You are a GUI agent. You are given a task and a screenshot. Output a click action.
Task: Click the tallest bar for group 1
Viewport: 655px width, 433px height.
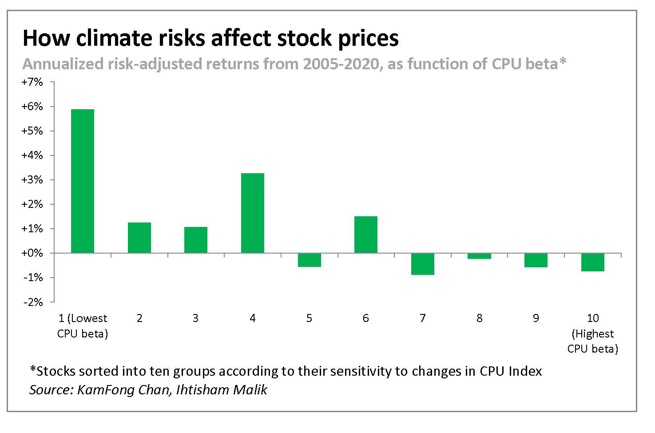pos(83,181)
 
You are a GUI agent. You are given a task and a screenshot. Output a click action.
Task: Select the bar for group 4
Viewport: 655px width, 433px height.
pos(252,213)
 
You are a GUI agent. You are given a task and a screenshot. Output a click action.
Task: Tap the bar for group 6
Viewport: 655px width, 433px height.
pos(365,234)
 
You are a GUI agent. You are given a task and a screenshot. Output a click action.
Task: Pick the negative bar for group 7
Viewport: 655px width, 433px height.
pos(422,264)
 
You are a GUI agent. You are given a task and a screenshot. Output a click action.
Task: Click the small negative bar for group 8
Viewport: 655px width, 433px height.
pos(479,256)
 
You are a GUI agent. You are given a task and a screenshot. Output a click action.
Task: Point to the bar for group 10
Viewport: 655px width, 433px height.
pos(592,262)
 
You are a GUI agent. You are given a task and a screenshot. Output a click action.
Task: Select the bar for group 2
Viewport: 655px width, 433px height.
pos(139,238)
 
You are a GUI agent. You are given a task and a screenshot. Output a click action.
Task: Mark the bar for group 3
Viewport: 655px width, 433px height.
pos(196,240)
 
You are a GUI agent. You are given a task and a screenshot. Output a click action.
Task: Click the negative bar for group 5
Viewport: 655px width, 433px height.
pos(309,260)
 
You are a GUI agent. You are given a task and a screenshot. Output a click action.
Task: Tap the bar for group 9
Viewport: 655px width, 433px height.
pos(536,260)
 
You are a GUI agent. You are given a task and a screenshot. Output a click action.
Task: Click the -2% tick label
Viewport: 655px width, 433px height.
pos(34,302)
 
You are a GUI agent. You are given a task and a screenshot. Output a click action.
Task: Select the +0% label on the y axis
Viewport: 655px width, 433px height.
pos(33,253)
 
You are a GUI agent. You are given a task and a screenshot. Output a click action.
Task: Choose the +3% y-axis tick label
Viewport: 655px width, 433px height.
pos(33,180)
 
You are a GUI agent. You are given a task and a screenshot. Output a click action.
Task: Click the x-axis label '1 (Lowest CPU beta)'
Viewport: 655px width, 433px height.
pos(83,326)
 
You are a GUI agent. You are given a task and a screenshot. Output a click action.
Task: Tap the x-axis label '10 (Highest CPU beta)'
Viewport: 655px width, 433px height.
pos(592,333)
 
